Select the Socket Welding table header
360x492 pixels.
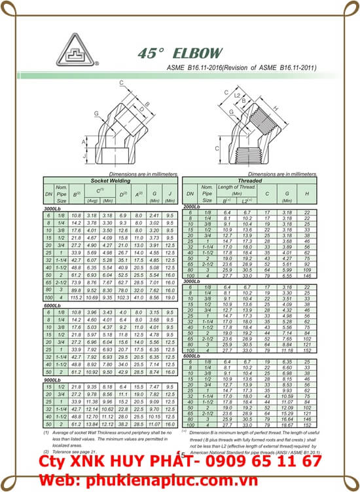point(110,180)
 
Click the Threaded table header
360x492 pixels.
point(249,180)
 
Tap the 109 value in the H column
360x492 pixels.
point(307,270)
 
